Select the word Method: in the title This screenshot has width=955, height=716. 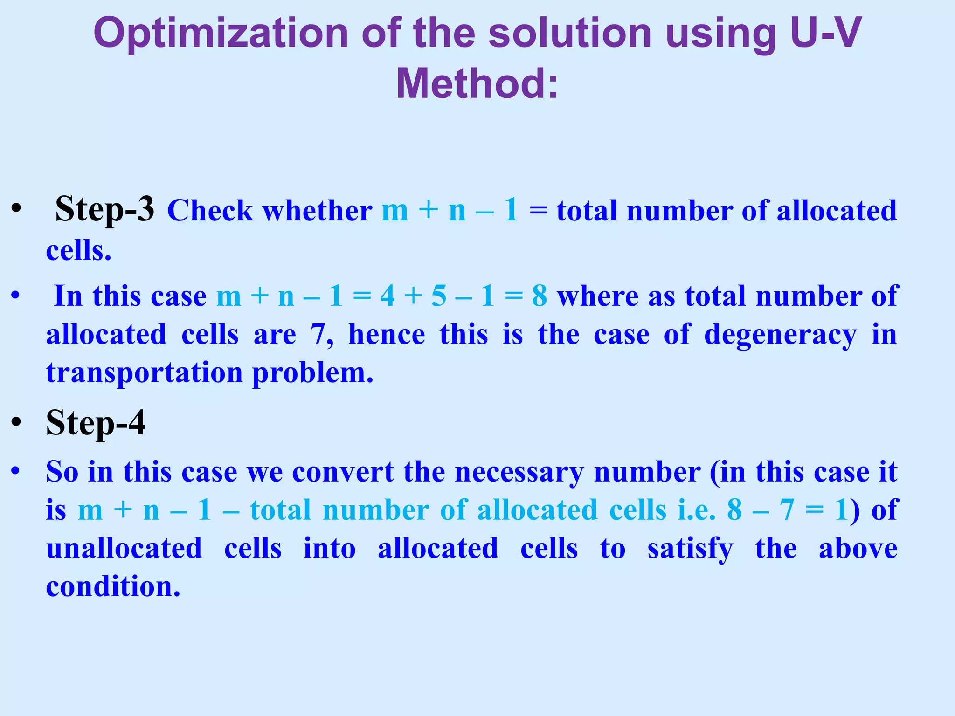pyautogui.click(x=477, y=84)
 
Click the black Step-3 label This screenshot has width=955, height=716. pyautogui.click(x=104, y=209)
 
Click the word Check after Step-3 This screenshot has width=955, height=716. pyautogui.click(x=210, y=211)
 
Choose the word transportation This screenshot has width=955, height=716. pyautogui.click(x=145, y=373)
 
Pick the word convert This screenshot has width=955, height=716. pyautogui.click(x=343, y=472)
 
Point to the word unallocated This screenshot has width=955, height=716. pyautogui.click(x=124, y=548)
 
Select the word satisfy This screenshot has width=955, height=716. pyautogui.click(x=690, y=549)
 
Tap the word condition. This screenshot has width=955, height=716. pyautogui.click(x=113, y=586)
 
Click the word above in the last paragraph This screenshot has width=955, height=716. pyautogui.click(x=858, y=548)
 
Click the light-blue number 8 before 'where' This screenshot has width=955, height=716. pyautogui.click(x=540, y=296)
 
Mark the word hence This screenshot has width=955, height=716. pyautogui.click(x=387, y=335)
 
